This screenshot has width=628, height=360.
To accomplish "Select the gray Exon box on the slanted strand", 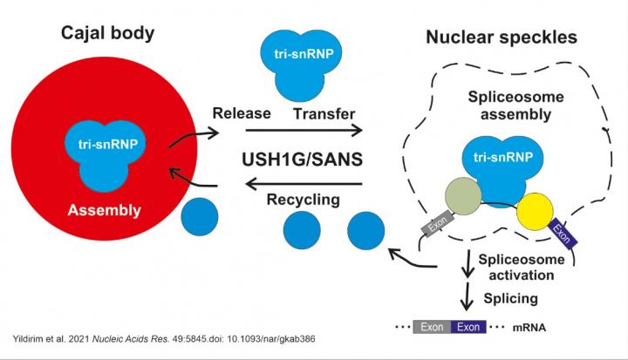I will click(436, 227).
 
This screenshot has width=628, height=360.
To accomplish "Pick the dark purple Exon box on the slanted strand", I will click(564, 234).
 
